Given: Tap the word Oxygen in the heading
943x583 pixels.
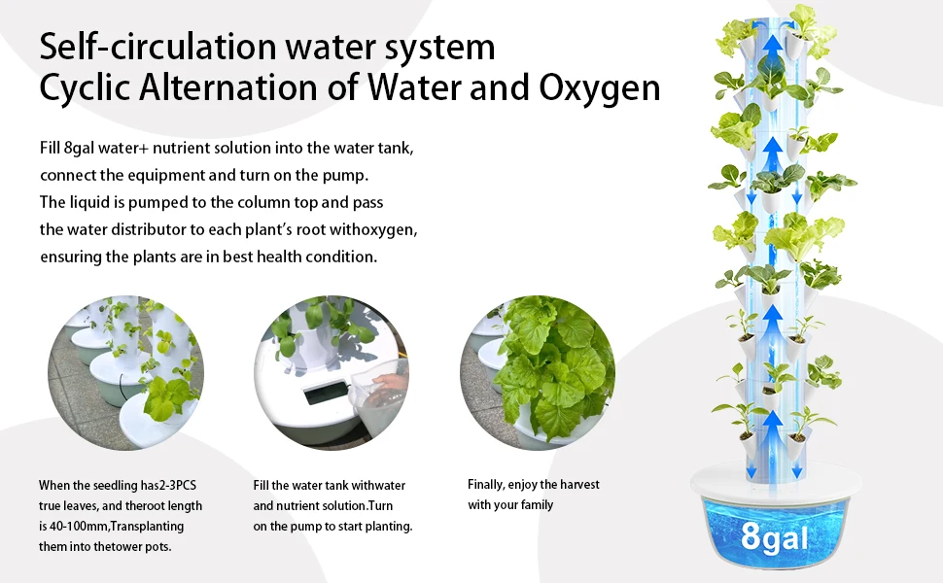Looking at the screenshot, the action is pyautogui.click(x=600, y=89).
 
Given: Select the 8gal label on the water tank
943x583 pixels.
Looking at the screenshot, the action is pyautogui.click(x=775, y=536).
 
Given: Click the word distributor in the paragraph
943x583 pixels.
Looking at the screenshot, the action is pyautogui.click(x=158, y=229).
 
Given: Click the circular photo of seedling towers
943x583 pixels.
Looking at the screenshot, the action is pyautogui.click(x=125, y=373).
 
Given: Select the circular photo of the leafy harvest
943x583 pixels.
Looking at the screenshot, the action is pyautogui.click(x=538, y=373).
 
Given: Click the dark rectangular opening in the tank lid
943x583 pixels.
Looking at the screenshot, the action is pyautogui.click(x=326, y=393).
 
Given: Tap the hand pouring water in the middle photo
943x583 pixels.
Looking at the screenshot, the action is pyautogui.click(x=391, y=382).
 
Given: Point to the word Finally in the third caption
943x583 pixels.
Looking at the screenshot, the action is pyautogui.click(x=486, y=485).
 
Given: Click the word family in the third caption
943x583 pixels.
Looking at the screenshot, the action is pyautogui.click(x=537, y=505).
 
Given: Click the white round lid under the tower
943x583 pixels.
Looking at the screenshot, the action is pyautogui.click(x=776, y=481).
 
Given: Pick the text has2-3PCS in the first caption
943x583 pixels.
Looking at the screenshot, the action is pyautogui.click(x=168, y=486).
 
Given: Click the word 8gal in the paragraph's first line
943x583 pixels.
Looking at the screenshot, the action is pyautogui.click(x=80, y=149).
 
